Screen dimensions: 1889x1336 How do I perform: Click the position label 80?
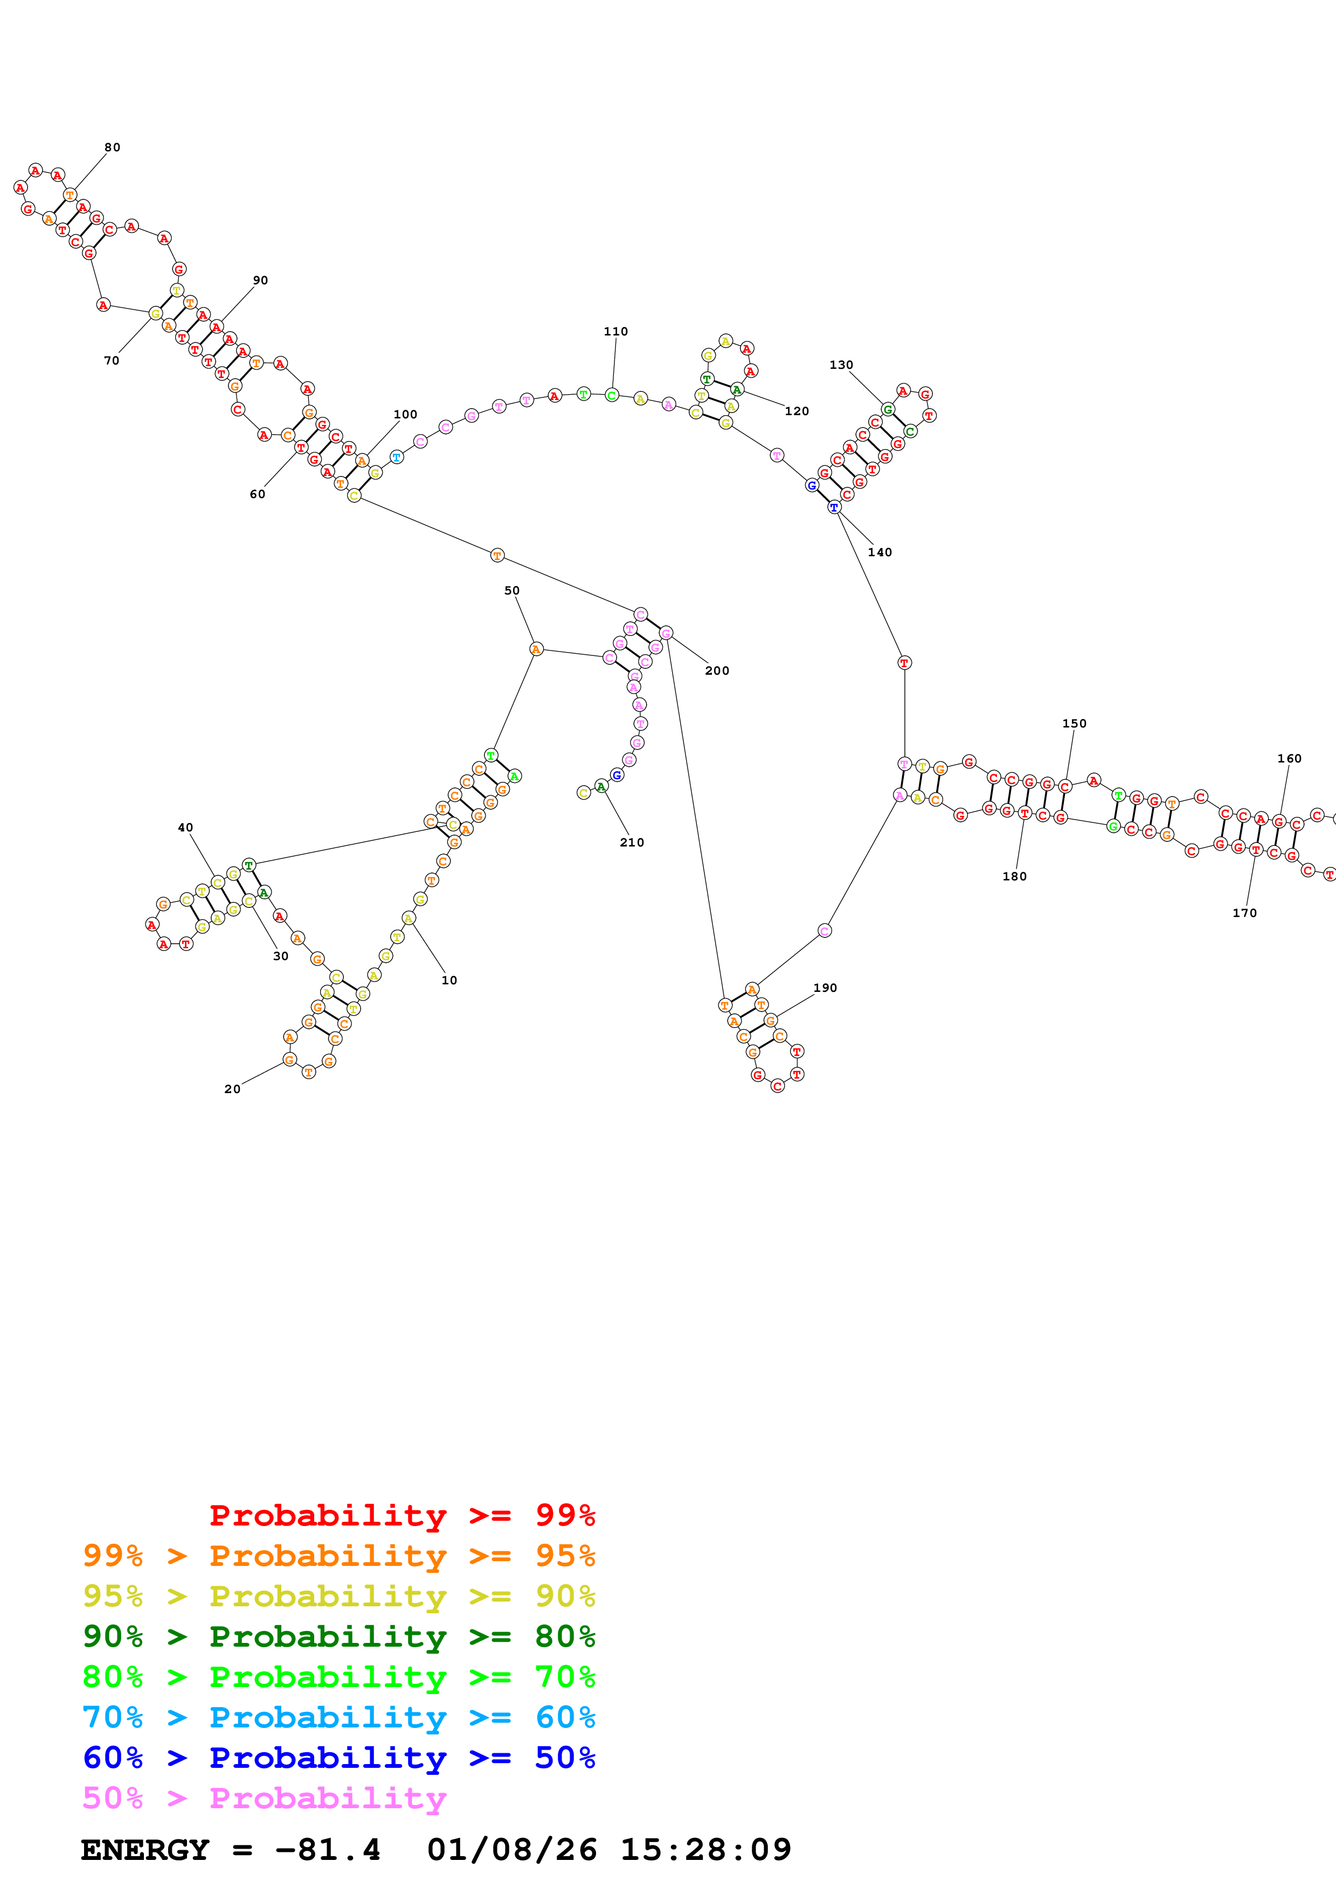112,147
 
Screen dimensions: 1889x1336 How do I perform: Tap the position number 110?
616,332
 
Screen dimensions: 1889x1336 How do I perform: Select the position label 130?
840,365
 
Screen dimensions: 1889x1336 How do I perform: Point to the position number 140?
879,552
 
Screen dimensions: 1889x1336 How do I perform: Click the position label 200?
716,670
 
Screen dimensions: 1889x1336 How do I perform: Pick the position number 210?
632,843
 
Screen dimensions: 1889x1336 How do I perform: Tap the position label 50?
512,591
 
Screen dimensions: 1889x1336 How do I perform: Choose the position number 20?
232,1089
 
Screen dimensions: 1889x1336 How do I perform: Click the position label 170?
1244,913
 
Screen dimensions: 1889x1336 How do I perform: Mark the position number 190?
825,988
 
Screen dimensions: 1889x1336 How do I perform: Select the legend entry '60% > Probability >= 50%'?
338,1758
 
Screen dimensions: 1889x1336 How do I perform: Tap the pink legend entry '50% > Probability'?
264,1799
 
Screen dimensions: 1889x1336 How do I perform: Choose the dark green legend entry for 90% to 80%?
338,1636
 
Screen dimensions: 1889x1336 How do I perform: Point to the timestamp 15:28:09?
705,1850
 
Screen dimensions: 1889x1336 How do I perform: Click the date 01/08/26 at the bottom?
512,1850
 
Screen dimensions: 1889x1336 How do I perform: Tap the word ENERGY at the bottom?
145,1850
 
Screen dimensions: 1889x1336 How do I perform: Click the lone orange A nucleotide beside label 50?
536,649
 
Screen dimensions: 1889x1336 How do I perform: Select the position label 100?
405,415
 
